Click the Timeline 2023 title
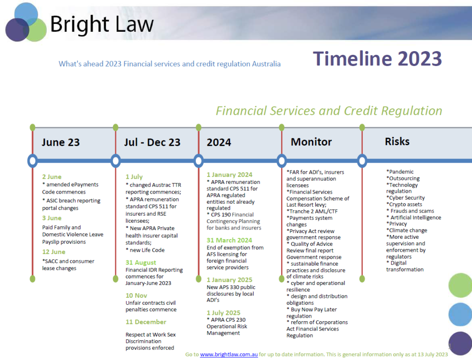pos(377,59)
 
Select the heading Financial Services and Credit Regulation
pos(329,111)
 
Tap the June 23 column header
pos(60,142)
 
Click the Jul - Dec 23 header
pos(152,142)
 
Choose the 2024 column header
pos(219,142)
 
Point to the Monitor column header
pos(311,142)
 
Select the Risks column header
pos(397,141)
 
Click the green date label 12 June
pos(54,252)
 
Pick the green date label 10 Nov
pos(136,295)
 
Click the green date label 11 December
pos(146,322)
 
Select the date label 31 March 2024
pos(230,240)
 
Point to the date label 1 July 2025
pos(224,313)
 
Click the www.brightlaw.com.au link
pos(229,354)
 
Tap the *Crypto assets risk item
pos(404,204)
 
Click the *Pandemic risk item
pos(400,171)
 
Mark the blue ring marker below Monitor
pos(282,160)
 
